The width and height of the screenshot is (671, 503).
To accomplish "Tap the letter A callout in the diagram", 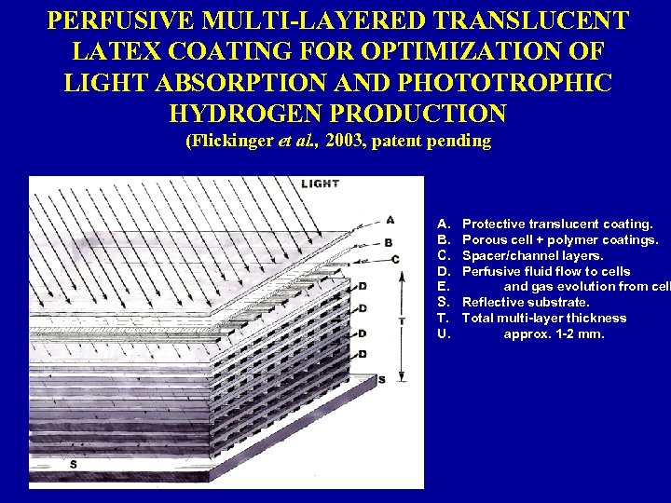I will pos(390,221).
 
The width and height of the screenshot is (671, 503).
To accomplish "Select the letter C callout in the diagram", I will pos(395,259).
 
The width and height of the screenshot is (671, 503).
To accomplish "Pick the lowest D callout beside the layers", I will pos(362,354).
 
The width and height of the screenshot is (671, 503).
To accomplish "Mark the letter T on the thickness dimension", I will pos(401,320).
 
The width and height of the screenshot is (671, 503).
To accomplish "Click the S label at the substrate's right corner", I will pos(381,380).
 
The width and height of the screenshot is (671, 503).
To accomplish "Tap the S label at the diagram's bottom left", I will pos(74,464).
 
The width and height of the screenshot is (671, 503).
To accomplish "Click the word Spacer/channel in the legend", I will pos(506,255).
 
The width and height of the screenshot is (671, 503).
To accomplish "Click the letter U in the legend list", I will pos(444,333).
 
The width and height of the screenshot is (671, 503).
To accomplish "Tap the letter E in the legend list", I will pos(443,287).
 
